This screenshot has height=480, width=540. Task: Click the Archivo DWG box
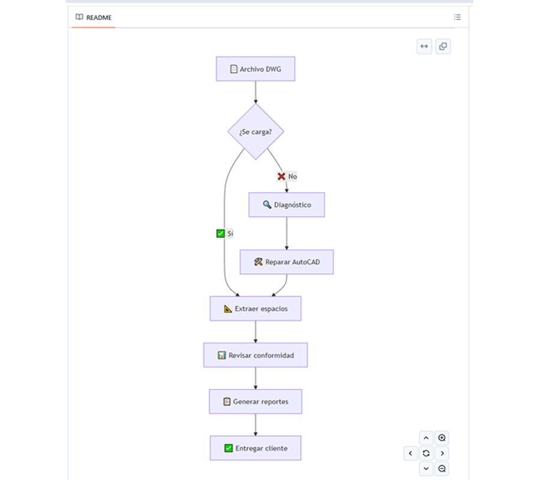256,69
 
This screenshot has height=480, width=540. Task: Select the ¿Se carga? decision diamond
256,131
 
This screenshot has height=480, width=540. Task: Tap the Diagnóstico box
287,205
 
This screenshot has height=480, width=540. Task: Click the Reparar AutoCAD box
287,262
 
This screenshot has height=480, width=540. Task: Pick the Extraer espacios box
256,308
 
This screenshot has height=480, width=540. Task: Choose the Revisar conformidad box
256,355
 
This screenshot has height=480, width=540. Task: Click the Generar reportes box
256,401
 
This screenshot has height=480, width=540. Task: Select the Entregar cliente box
256,448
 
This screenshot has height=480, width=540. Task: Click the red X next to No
281,176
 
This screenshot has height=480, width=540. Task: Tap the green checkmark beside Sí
220,233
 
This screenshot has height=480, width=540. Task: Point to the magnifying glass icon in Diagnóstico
267,205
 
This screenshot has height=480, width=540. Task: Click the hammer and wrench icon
258,262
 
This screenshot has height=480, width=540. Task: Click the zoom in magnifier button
442,438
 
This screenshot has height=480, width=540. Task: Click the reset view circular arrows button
426,453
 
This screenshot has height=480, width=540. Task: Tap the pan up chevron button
426,438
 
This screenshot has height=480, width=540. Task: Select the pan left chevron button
410,453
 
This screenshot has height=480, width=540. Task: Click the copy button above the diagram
443,46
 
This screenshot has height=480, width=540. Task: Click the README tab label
99,17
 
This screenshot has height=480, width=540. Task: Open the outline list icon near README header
457,17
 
